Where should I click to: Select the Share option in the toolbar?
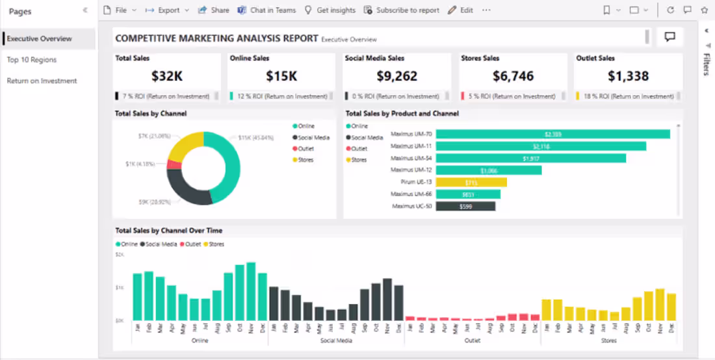[x=213, y=10]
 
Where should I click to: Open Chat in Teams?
[x=266, y=10]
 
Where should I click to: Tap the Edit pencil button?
[x=460, y=10]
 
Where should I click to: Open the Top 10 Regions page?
[x=32, y=60]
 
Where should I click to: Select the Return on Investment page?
[x=42, y=81]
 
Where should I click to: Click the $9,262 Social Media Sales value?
[x=397, y=76]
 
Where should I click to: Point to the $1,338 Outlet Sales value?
[x=628, y=76]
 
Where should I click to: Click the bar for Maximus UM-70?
[x=552, y=134]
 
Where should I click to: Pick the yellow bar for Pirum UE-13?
[x=471, y=182]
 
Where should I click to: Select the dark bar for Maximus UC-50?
[x=465, y=206]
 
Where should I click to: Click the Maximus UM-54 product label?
[x=411, y=158]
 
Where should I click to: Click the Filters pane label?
[x=706, y=64]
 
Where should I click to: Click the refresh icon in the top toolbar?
[x=670, y=10]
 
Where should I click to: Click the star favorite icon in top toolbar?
[x=704, y=10]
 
